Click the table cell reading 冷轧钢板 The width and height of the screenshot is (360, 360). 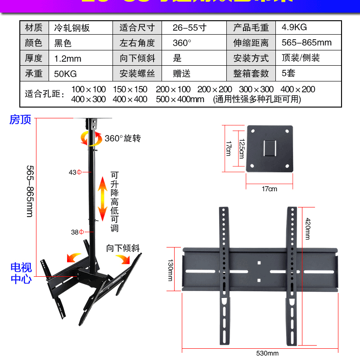point(72,28)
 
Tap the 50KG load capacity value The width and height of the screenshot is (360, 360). point(65,73)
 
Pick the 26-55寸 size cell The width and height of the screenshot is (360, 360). point(189,27)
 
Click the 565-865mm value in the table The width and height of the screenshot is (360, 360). point(306,43)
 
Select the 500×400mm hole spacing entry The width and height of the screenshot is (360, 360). point(180,99)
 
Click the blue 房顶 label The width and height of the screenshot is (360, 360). point(20,120)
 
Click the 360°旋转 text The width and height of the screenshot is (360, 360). point(123,138)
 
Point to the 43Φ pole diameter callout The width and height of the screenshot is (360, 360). point(75,172)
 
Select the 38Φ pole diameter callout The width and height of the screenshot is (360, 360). point(77,232)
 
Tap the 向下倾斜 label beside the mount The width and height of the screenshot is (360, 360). point(123,248)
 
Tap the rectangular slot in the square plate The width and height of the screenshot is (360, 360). point(270,148)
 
